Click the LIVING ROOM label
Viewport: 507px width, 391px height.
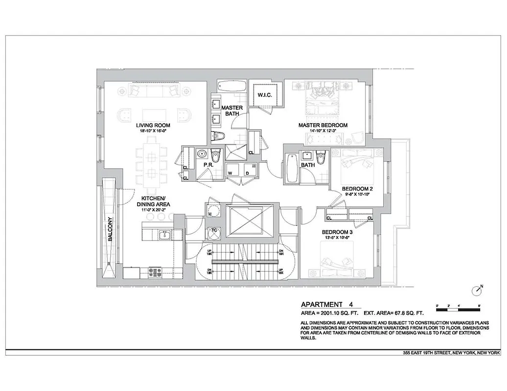(153, 126)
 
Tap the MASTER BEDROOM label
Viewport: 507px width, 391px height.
(323, 126)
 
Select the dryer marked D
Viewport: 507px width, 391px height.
(247, 173)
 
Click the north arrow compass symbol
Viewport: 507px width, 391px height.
(477, 291)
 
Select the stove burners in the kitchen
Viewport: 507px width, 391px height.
(155, 272)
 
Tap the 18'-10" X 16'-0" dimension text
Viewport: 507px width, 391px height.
(153, 131)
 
